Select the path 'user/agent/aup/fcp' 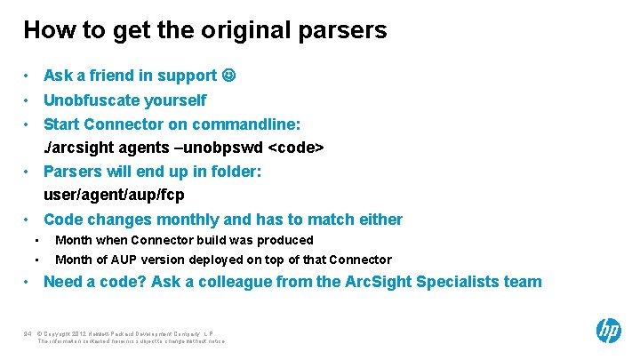[x=114, y=193]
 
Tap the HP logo [x=608, y=331]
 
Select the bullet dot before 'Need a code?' [x=28, y=283]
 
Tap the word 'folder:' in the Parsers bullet [x=235, y=170]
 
